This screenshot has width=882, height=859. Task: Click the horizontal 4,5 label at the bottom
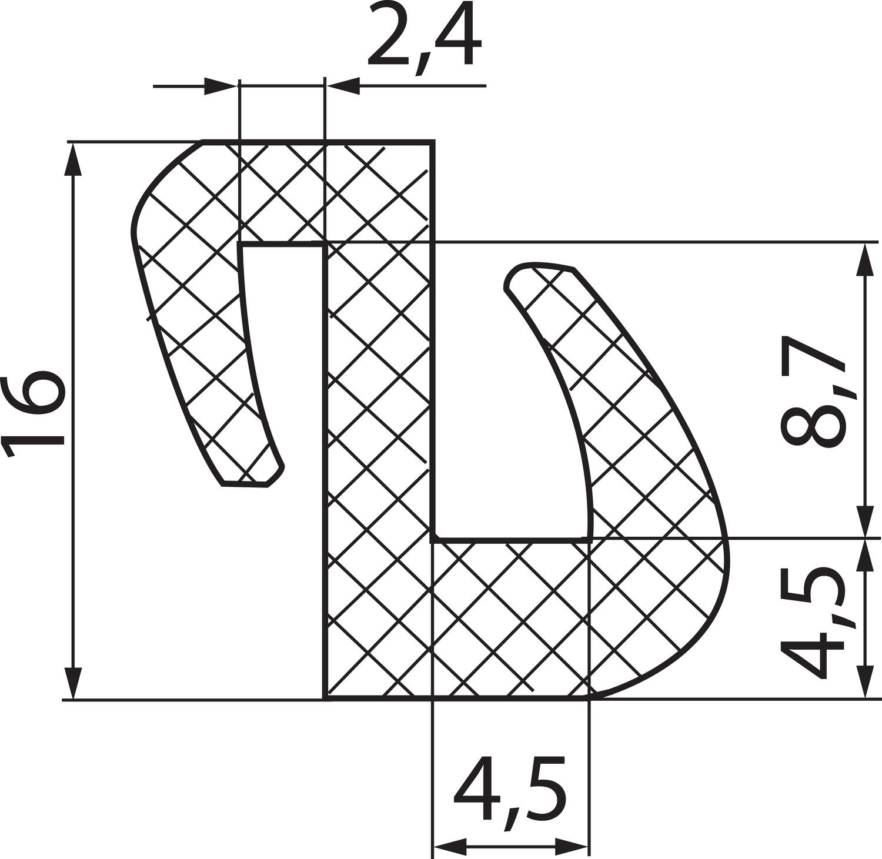point(509,791)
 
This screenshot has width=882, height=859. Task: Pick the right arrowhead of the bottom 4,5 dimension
point(573,847)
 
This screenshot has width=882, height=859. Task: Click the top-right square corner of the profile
point(433,142)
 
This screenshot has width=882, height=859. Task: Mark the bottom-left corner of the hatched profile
point(325,699)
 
